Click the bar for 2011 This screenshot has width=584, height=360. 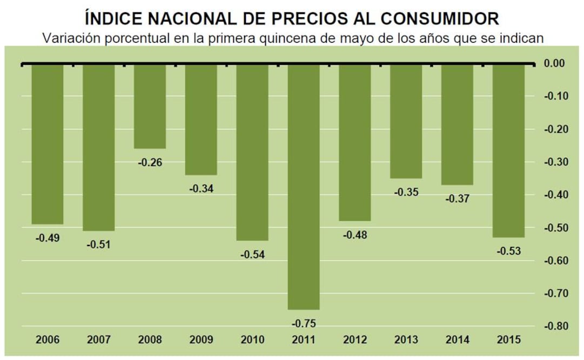click(x=303, y=186)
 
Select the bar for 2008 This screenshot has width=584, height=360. click(x=150, y=106)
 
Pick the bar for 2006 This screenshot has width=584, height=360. click(x=47, y=144)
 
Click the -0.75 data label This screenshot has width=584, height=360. click(x=304, y=324)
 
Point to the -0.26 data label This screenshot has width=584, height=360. click(x=150, y=163)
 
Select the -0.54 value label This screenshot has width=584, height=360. click(x=252, y=255)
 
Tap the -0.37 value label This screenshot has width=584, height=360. click(x=457, y=198)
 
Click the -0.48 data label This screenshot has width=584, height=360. click(x=355, y=235)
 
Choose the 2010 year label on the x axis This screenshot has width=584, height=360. click(x=252, y=340)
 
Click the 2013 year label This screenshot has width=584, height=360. click(x=406, y=340)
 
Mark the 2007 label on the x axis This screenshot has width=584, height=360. click(x=98, y=340)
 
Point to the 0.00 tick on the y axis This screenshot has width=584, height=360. click(x=554, y=64)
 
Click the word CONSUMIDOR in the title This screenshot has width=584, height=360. click(x=440, y=18)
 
